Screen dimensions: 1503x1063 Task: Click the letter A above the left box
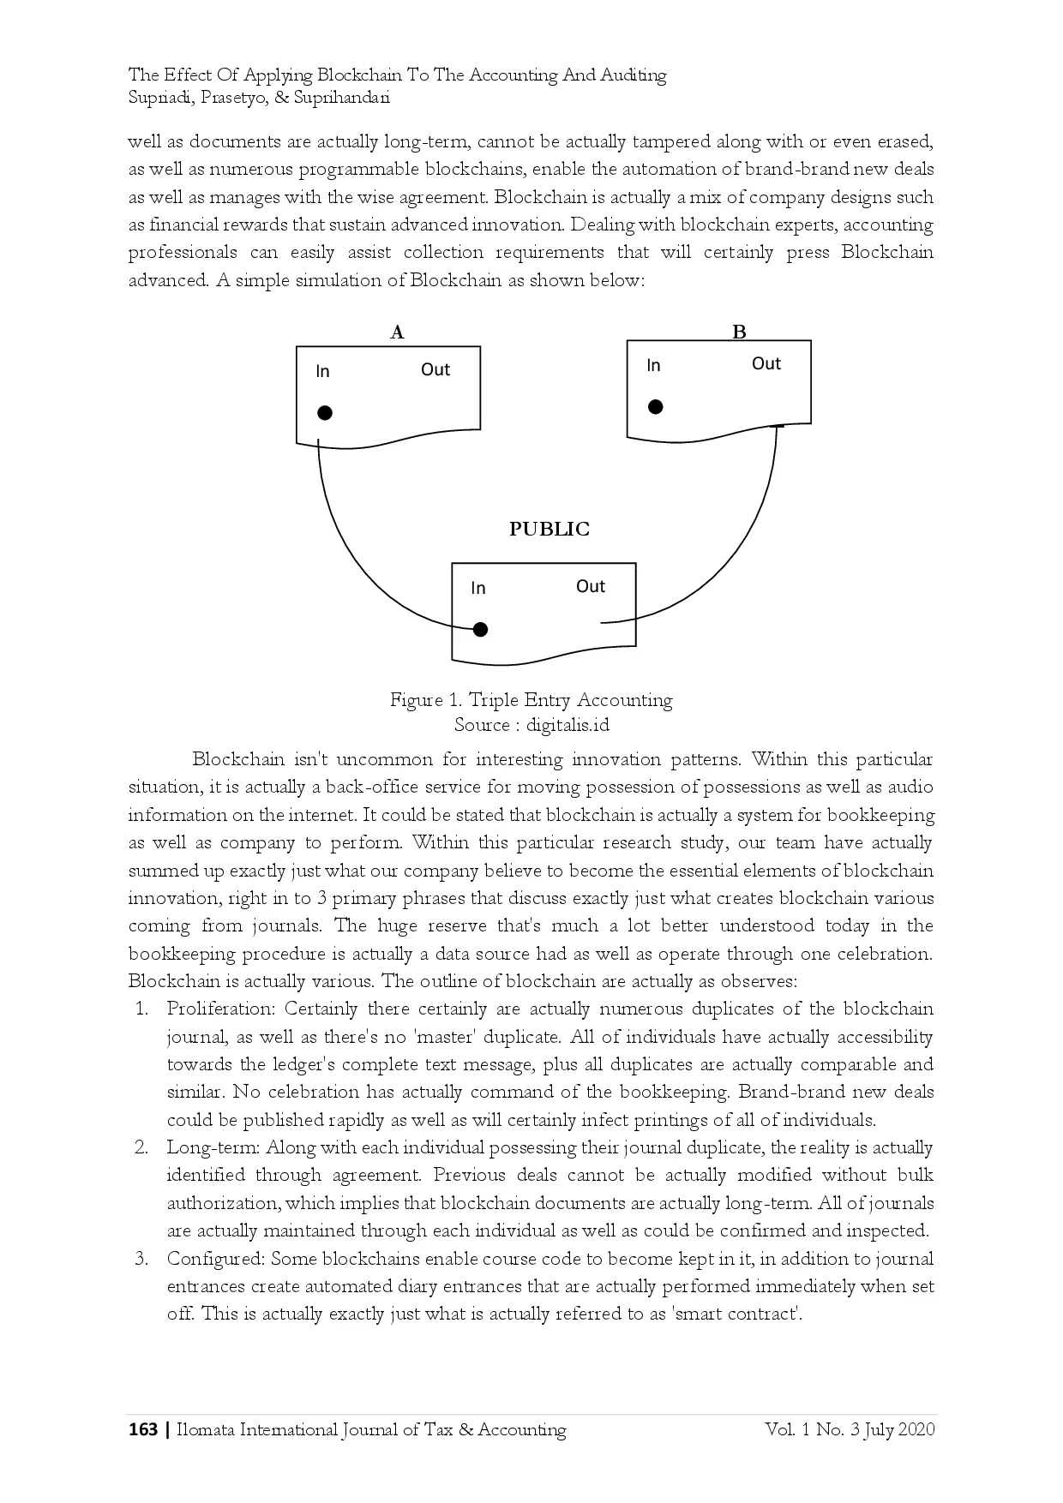(x=397, y=332)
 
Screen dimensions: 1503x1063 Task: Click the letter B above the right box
(x=739, y=332)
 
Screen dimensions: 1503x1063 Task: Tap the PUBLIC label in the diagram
(x=550, y=529)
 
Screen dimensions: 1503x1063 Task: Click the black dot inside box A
(x=325, y=413)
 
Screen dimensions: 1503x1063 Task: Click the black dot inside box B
(x=656, y=407)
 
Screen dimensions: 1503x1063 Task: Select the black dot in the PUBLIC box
(x=481, y=630)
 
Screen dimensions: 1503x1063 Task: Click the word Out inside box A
(x=435, y=369)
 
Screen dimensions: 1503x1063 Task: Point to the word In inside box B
(x=653, y=365)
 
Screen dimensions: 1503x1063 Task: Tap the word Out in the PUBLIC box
(x=590, y=586)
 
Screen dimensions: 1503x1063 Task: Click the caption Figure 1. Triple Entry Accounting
(x=531, y=700)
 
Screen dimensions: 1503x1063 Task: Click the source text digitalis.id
(x=568, y=725)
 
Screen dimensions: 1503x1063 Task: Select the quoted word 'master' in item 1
(x=445, y=1037)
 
